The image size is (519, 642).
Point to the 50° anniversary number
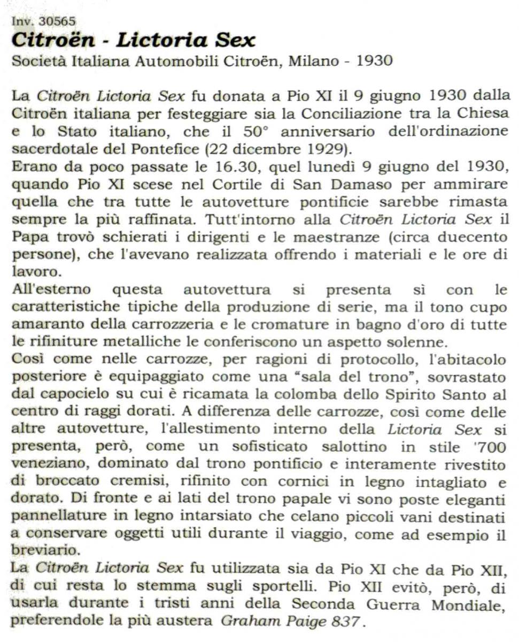(x=254, y=131)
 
